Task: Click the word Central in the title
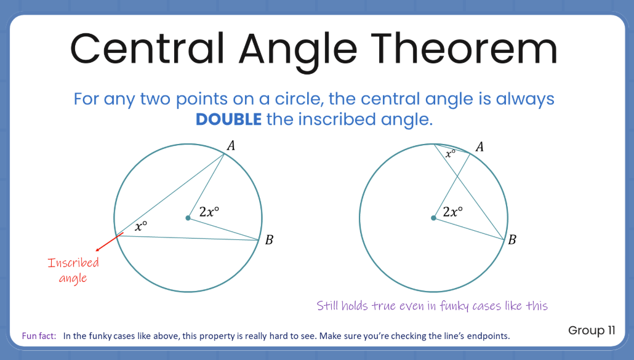(147, 49)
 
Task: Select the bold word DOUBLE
(228, 119)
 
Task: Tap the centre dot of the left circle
(188, 218)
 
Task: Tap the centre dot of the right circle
(433, 218)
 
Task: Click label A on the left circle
(231, 145)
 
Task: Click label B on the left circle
(269, 240)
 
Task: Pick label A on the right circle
(480, 146)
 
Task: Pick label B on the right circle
(512, 240)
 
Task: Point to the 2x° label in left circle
(209, 211)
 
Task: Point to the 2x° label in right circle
(453, 211)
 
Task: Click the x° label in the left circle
(141, 226)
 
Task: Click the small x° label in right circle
(451, 153)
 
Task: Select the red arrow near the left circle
(109, 242)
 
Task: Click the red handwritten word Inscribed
(73, 263)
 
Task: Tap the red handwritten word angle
(73, 278)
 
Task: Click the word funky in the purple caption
(454, 306)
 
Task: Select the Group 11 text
(592, 330)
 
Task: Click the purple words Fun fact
(39, 336)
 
